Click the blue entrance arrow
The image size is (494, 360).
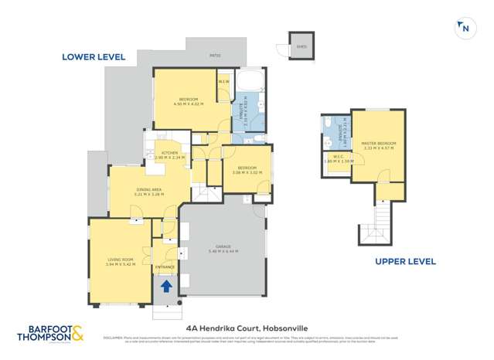point(165,287)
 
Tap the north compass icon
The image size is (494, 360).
point(464,28)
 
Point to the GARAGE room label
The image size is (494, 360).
point(223,249)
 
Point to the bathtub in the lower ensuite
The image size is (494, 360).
point(250,82)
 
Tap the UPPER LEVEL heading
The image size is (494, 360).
point(405,261)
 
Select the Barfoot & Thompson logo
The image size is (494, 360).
point(51,334)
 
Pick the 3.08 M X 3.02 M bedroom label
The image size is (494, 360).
point(247,170)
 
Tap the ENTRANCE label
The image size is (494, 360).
point(165,267)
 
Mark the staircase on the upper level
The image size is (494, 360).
point(377,220)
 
